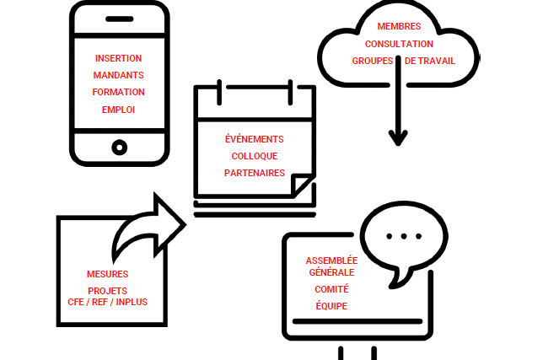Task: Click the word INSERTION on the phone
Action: point(119,58)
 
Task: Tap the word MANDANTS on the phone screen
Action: point(119,75)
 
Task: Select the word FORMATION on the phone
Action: point(119,92)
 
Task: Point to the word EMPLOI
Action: point(119,110)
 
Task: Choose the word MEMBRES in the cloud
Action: point(399,27)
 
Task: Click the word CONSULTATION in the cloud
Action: point(399,44)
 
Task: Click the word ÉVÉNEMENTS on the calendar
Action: point(254,139)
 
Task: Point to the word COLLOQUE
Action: point(254,156)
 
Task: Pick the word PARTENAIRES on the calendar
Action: point(254,173)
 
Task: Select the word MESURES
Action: point(107,274)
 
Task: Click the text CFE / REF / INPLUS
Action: point(107,301)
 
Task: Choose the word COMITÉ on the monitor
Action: point(331,289)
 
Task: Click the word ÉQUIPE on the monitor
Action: point(331,306)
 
